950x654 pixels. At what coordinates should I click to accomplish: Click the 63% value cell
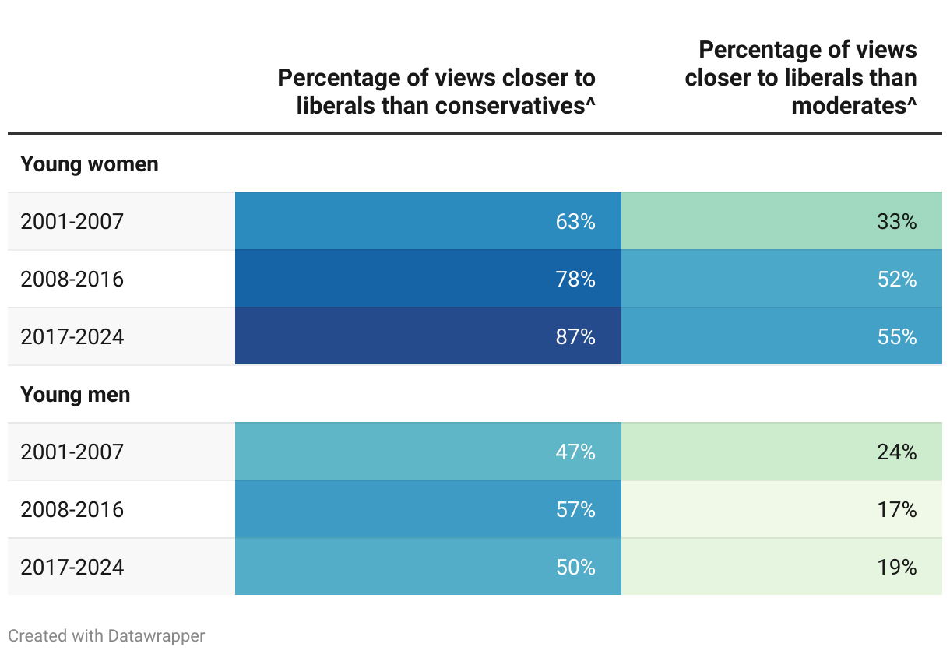pos(575,222)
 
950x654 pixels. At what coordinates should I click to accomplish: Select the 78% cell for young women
pos(575,279)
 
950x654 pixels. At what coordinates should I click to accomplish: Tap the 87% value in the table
pos(575,337)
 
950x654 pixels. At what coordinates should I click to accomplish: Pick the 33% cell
pos(897,222)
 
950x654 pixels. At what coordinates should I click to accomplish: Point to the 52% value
pos(897,279)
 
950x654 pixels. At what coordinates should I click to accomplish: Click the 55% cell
pos(897,337)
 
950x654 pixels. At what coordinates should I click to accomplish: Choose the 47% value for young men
pos(575,452)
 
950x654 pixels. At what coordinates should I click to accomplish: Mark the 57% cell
pos(575,510)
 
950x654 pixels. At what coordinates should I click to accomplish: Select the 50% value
pos(575,568)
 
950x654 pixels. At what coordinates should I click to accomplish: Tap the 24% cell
pos(897,452)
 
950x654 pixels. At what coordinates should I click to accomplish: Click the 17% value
pos(897,510)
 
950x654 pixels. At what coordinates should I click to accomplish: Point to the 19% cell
pos(897,568)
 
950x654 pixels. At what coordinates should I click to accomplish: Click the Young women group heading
pos(90,164)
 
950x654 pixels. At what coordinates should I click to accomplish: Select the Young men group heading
pos(76,395)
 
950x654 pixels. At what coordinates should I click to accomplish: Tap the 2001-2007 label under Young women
pos(72,222)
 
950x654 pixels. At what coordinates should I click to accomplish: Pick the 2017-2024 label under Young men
pos(72,568)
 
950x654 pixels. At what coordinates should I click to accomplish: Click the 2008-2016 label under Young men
pos(72,510)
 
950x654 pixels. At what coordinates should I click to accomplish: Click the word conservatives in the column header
pos(510,106)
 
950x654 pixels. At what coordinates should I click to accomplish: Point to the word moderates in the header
pos(849,106)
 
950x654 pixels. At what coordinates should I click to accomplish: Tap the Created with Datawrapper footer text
pos(107,636)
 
